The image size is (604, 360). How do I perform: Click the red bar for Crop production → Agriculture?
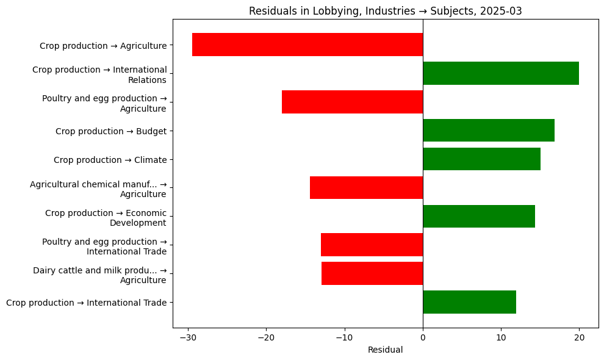click(x=307, y=45)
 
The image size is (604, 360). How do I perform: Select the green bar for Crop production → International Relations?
click(x=501, y=73)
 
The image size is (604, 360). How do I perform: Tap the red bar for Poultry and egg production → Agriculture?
click(x=352, y=102)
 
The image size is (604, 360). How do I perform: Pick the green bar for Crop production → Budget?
click(x=489, y=131)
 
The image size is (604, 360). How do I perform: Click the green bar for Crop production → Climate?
click(x=481, y=159)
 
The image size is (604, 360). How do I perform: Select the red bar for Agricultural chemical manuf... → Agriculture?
click(x=366, y=188)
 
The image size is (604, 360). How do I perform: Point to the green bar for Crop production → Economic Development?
click(x=479, y=217)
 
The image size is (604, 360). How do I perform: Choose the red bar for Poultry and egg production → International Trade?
click(x=372, y=245)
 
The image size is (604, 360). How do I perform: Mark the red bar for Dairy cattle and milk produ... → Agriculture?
click(x=372, y=273)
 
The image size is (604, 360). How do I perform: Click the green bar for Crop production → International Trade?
click(x=469, y=302)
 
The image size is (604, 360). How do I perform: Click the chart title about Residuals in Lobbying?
click(x=386, y=11)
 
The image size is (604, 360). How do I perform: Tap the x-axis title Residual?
click(x=386, y=350)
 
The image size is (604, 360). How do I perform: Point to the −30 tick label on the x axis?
click(x=188, y=337)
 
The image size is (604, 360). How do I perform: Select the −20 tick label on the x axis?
click(x=266, y=337)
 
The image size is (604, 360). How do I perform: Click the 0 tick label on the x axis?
click(x=423, y=337)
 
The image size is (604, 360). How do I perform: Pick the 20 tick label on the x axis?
click(x=579, y=337)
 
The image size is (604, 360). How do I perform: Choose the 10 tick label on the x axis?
click(x=501, y=337)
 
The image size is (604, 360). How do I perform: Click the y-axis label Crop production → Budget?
click(x=111, y=131)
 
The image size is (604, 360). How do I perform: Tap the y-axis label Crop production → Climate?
click(x=110, y=160)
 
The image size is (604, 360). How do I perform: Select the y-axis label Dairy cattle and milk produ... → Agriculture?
click(x=99, y=275)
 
